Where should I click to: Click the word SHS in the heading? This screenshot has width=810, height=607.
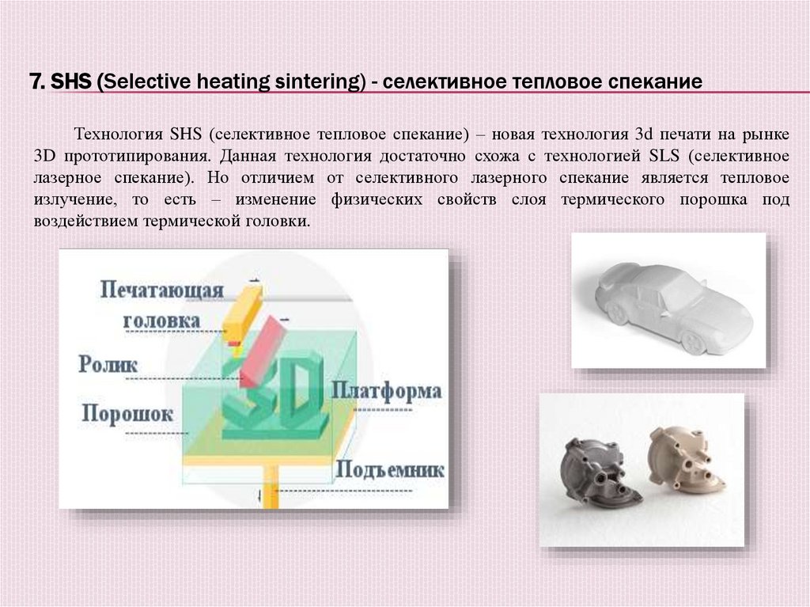72,82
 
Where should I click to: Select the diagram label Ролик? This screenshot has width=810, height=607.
108,365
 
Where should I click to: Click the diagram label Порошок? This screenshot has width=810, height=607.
127,414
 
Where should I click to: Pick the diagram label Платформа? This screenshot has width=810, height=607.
387,391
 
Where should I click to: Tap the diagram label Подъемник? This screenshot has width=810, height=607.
389,469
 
